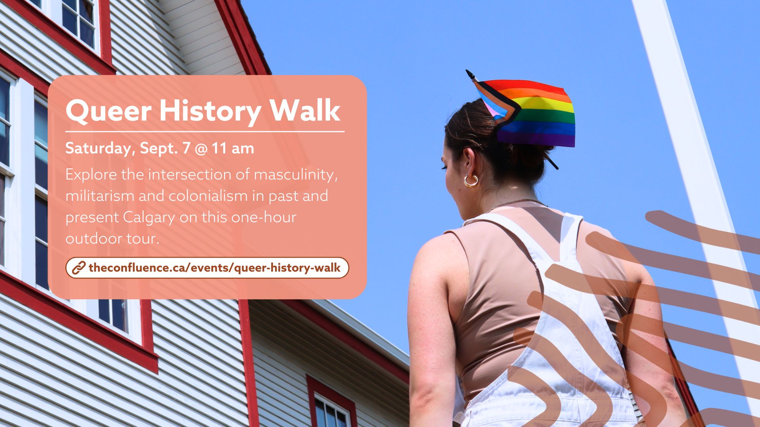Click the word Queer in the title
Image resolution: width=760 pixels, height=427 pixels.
point(108,111)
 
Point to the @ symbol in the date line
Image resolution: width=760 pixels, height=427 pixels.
point(201,149)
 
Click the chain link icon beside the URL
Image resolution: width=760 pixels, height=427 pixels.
point(78,268)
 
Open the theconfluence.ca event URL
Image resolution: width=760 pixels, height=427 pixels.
point(214,268)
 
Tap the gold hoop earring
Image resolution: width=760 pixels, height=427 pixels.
point(471,181)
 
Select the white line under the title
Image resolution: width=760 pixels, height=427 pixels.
point(205,131)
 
